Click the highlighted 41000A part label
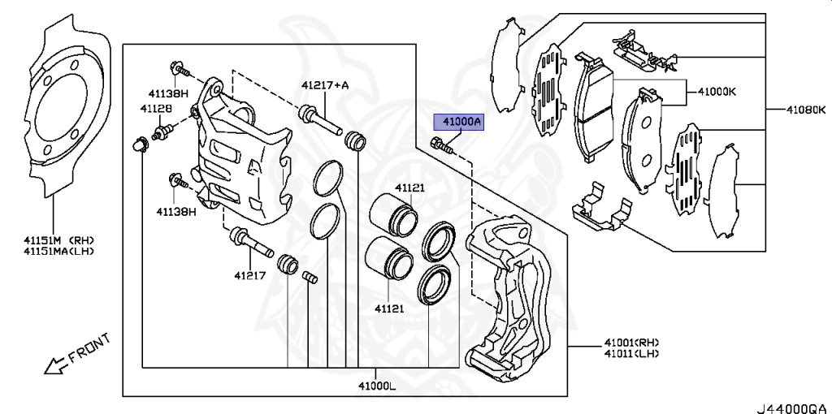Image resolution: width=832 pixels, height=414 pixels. coord(460,123)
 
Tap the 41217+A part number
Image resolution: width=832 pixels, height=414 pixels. coord(324,84)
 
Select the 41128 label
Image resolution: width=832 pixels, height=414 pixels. coord(155,108)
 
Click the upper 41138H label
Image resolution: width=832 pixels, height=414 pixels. coord(167,93)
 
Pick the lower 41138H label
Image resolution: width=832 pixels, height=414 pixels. coord(176,211)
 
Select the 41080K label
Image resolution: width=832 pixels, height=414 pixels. coord(805,108)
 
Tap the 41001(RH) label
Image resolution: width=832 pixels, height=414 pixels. coord(630,342)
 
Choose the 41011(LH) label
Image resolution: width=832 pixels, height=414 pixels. coord(630,353)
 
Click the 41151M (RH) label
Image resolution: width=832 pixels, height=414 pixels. coord(58,239)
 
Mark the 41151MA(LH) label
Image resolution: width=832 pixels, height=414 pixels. coord(58,251)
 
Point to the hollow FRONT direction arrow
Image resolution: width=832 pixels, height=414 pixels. coord(55,366)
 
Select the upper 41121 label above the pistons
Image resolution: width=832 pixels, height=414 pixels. coord(410,188)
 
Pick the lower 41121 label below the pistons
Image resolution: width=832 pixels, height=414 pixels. coord(389,308)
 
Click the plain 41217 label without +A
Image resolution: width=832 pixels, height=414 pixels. coord(251,275)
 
